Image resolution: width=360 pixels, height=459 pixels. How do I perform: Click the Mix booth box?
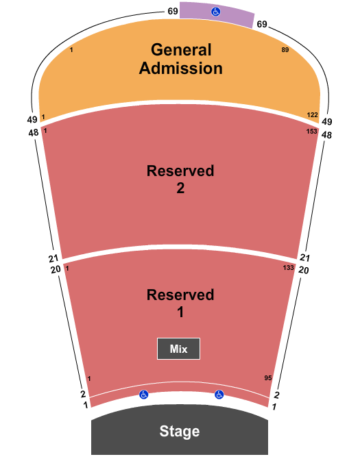coord(178,349)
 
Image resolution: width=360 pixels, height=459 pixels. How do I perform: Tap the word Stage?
coord(180,431)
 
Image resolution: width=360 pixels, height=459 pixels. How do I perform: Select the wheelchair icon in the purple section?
coord(216,12)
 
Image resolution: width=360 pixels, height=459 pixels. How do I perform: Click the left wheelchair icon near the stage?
coord(143,395)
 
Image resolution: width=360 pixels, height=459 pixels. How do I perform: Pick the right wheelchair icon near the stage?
coord(219,395)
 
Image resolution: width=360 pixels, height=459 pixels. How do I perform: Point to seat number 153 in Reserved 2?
coord(312,131)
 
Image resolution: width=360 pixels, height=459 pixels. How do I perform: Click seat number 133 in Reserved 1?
coord(288,268)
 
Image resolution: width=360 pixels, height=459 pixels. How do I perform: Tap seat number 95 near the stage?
coord(268,378)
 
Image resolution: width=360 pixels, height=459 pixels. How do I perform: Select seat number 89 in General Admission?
coord(285,50)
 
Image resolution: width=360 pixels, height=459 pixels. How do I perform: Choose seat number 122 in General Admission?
coord(312,115)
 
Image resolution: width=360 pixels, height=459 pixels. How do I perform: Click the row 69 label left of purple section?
coord(173,11)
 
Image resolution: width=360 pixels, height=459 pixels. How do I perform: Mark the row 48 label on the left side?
coord(34,133)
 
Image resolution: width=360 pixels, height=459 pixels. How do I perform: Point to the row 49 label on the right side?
coord(327,121)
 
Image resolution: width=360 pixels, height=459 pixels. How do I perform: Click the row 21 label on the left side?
coord(53,258)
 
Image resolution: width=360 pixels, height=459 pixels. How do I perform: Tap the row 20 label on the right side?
coord(304,270)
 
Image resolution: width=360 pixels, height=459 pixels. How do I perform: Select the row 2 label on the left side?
coord(83,394)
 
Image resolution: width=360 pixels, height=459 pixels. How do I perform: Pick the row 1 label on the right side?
coord(274,407)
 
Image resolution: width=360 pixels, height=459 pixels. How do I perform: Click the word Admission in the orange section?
coord(181,69)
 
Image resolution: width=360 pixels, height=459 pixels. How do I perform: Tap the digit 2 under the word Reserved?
coord(180,188)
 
